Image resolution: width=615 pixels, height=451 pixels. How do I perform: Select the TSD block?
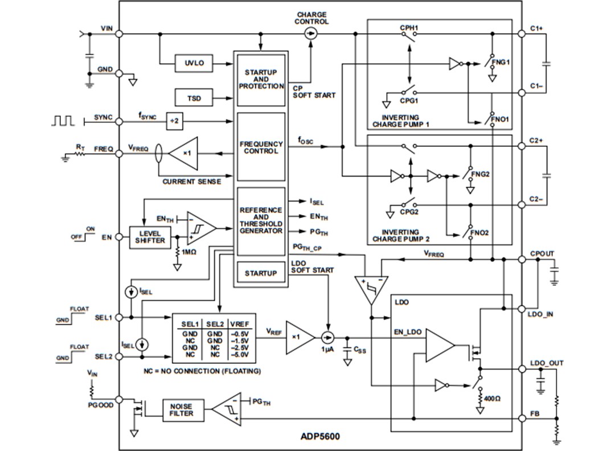tap(193, 99)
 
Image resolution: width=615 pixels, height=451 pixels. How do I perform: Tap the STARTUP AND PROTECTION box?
tap(261, 80)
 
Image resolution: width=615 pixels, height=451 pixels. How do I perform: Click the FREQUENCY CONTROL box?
tap(261, 147)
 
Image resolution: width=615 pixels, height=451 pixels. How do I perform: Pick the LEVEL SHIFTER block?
tap(149, 237)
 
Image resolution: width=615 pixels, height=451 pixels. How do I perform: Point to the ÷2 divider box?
tap(175, 121)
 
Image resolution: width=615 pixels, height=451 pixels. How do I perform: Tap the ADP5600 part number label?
tap(320, 437)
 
